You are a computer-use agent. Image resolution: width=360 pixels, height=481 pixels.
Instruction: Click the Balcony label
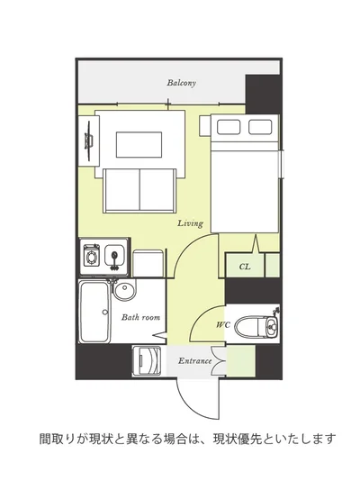181,83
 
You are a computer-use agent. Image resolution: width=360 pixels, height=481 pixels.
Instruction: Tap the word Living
190,223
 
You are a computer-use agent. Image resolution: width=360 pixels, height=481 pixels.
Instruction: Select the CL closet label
245,267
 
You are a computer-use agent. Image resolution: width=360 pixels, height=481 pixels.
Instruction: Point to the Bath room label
140,317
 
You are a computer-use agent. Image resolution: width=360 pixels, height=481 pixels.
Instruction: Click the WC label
222,324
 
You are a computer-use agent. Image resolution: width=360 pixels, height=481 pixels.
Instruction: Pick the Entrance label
195,360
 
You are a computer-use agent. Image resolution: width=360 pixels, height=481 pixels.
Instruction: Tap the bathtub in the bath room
94,312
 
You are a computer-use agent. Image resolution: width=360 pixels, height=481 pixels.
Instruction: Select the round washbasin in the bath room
125,290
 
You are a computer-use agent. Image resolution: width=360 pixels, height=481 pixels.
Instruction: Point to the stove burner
91,255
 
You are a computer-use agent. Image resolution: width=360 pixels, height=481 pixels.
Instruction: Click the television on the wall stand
89,141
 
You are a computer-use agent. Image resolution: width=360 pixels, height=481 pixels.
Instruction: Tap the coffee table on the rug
139,145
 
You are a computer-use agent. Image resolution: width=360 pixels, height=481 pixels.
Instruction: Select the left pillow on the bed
229,127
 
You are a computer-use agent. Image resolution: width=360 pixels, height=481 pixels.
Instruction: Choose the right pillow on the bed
260,127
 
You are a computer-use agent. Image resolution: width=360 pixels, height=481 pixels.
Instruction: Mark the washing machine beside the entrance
147,360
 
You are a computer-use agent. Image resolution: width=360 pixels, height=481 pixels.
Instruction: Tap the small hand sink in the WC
272,326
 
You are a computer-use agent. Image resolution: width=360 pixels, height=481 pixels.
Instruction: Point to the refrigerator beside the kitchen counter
148,264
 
